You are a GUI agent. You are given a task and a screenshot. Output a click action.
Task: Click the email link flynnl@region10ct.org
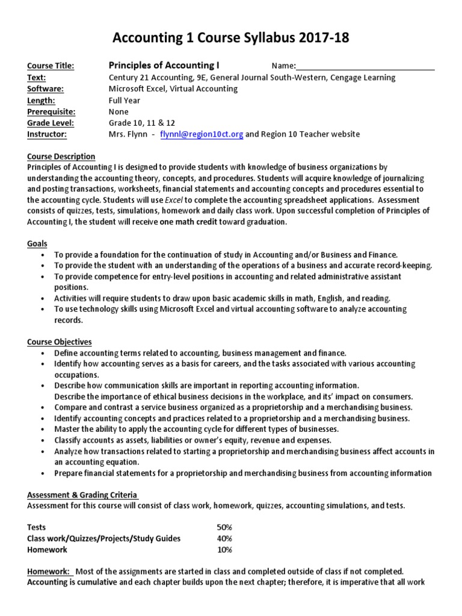coord(202,135)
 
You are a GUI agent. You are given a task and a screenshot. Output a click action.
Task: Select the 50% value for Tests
coord(224,527)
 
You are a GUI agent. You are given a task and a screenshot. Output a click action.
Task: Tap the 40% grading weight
coord(224,538)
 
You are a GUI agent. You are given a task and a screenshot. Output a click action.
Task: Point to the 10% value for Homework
coord(224,550)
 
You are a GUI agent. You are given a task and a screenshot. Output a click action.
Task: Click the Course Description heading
coord(61,156)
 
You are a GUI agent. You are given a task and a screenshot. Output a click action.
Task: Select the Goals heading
coord(37,244)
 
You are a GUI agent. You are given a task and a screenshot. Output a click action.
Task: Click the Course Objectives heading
coord(59,342)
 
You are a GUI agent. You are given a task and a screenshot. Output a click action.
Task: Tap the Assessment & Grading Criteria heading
coord(82,494)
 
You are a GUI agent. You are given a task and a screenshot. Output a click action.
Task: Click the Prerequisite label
coord(51,112)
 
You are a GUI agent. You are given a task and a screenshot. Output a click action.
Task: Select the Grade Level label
coord(49,123)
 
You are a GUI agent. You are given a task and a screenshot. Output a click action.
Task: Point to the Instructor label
coord(46,135)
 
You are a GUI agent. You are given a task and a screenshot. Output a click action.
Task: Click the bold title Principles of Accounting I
coord(164,65)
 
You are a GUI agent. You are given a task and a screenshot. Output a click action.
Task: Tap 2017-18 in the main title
coord(319,38)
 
